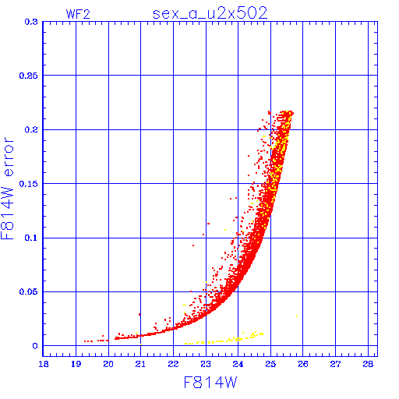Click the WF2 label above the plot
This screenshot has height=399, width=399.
click(78, 14)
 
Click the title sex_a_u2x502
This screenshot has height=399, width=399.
click(210, 13)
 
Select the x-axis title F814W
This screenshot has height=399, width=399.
click(210, 383)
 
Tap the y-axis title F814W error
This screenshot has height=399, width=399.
click(7, 189)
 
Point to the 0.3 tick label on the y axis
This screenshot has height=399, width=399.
click(31, 22)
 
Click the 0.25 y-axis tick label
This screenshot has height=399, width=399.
click(29, 76)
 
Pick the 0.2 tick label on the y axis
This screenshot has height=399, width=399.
click(31, 129)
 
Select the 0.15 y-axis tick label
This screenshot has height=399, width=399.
click(29, 184)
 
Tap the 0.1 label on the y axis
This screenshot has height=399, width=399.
click(31, 238)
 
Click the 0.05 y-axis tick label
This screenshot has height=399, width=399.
click(29, 291)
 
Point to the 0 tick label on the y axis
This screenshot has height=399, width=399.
click(35, 346)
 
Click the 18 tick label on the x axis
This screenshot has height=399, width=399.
click(44, 364)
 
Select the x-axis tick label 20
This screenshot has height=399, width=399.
click(108, 364)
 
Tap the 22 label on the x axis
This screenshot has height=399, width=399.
click(173, 364)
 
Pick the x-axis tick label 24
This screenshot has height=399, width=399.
click(238, 364)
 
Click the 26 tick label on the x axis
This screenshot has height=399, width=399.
click(303, 364)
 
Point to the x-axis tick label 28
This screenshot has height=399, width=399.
click(368, 364)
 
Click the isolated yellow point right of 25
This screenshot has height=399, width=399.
click(297, 316)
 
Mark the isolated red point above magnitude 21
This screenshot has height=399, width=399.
click(139, 314)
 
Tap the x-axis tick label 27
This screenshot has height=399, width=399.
click(335, 364)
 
